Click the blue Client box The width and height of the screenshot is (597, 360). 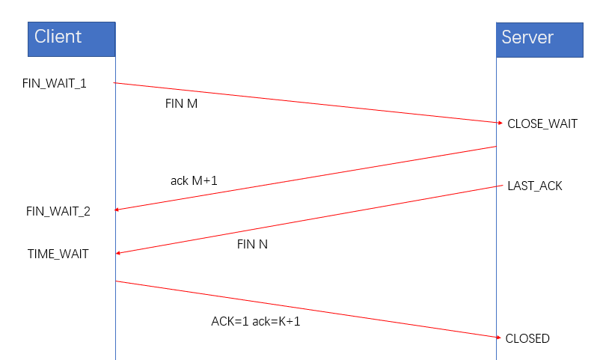[72, 39]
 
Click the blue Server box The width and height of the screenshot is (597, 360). [539, 39]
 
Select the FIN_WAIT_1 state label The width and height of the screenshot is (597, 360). [55, 83]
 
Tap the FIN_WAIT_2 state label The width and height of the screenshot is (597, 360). [58, 211]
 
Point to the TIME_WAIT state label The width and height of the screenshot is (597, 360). [58, 254]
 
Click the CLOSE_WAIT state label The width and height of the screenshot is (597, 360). [542, 124]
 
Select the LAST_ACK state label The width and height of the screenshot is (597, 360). [535, 186]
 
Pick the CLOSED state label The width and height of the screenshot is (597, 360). [527, 339]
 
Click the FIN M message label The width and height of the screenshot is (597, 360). [181, 104]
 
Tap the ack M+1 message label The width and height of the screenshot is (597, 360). [194, 180]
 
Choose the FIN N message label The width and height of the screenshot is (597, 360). [252, 243]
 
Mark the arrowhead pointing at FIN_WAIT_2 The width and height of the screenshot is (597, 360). [118, 210]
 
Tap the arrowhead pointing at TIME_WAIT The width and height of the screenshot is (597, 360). [118, 254]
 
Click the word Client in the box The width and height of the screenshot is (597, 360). [58, 36]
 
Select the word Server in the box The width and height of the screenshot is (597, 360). [527, 37]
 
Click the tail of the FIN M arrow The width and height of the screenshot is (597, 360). [116, 82]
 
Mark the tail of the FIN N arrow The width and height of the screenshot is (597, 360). [496, 186]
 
